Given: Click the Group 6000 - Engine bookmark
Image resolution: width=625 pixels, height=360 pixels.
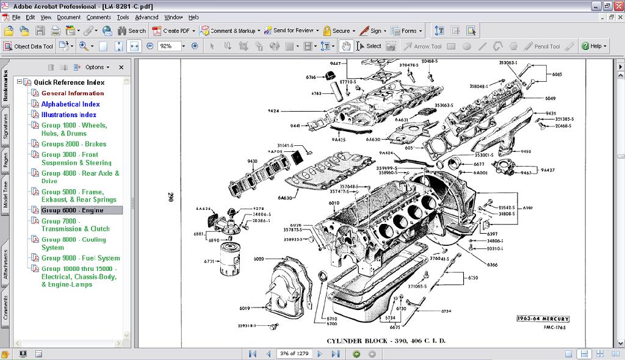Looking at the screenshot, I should click(72, 211).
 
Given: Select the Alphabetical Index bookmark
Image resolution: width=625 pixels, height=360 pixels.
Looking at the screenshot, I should click(70, 104).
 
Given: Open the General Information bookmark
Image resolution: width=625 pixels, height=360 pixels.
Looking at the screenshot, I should click(73, 93).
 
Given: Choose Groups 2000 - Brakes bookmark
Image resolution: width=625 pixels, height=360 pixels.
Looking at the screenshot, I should click(73, 144).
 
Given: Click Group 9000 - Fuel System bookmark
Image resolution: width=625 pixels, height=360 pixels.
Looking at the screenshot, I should click(81, 258).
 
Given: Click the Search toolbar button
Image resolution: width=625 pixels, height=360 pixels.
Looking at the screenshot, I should click(131, 31).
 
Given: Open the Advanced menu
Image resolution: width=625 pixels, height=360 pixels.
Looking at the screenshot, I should click(146, 17).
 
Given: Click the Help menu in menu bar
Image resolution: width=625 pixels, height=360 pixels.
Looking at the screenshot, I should click(193, 17).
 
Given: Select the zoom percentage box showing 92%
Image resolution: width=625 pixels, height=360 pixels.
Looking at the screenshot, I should click(169, 46).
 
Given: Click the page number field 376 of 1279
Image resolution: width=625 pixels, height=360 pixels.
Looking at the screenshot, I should click(294, 353).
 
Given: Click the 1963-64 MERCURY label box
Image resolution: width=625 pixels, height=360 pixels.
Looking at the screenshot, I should click(543, 319).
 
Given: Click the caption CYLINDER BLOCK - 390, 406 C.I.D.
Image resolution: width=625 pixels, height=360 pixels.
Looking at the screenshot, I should click(386, 340).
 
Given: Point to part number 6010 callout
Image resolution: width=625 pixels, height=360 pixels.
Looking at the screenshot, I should click(334, 203).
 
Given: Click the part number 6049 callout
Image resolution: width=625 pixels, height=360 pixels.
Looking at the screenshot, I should click(550, 98).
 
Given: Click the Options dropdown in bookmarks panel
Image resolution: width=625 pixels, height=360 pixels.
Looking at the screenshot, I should click(97, 67).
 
